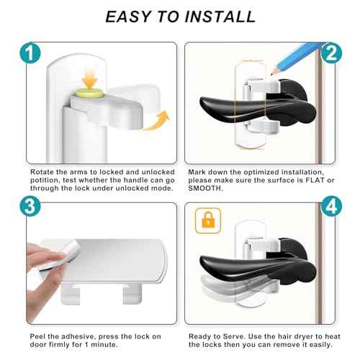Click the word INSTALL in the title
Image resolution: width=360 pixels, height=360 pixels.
(x=217, y=16)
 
